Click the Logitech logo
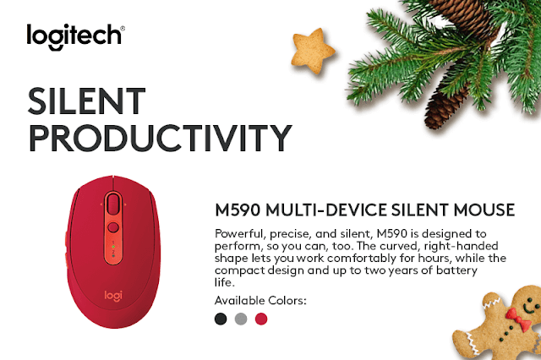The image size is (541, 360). pos(75,36)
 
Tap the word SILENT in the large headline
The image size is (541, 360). pos(86,101)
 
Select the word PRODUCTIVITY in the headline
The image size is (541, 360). pos(161,138)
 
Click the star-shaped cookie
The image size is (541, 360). pos(313,51)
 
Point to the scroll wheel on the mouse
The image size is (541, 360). pos(113,204)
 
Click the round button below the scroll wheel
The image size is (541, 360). pos(113,227)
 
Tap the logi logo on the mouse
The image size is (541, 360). pos(113,296)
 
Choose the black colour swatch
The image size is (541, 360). pos(221,319)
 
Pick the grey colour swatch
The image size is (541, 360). pos(241,319)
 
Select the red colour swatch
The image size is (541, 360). pos(261,319)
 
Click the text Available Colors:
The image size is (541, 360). pos(260,300)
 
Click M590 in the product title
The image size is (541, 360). pos(238,210)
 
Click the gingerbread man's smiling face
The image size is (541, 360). pos(528,304)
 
